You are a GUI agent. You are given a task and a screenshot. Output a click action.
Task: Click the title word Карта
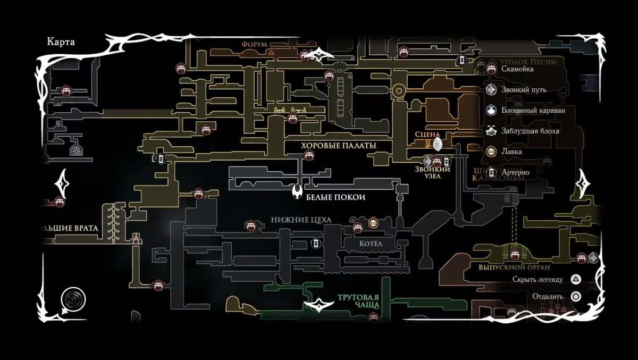click(61, 43)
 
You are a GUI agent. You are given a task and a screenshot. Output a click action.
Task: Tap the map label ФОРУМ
click(254, 44)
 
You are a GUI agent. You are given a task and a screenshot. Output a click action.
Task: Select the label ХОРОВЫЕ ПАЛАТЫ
click(338, 146)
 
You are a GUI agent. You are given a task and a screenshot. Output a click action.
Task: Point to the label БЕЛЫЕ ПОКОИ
click(335, 197)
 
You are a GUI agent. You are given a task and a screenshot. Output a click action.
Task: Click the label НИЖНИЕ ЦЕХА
click(301, 220)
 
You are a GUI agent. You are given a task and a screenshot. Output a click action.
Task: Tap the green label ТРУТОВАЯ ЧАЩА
click(358, 301)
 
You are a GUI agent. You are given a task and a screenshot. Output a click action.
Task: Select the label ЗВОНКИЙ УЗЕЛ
click(432, 172)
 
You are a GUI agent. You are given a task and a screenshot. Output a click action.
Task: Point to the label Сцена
click(428, 135)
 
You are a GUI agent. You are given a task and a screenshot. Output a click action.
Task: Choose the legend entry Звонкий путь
click(524, 90)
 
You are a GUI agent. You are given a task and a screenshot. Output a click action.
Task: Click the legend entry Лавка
click(511, 152)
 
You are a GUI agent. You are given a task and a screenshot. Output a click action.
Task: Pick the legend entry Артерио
click(515, 172)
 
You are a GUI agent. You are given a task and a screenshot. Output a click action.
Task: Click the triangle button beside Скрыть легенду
click(575, 279)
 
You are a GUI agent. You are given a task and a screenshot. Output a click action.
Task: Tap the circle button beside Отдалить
click(575, 296)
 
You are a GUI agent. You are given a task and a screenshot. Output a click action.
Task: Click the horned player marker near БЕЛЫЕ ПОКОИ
click(298, 192)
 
